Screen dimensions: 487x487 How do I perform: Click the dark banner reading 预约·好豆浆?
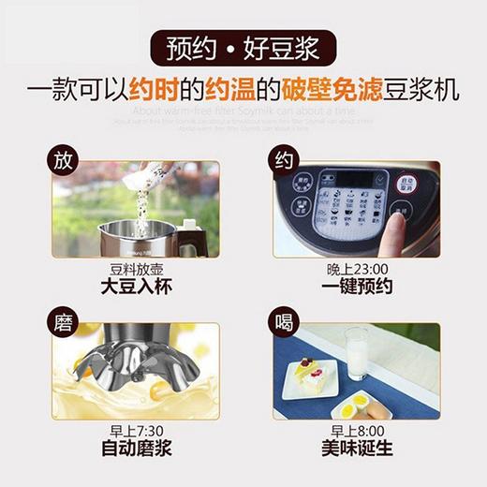point(243,47)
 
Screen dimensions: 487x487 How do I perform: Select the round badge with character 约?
point(284,159)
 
